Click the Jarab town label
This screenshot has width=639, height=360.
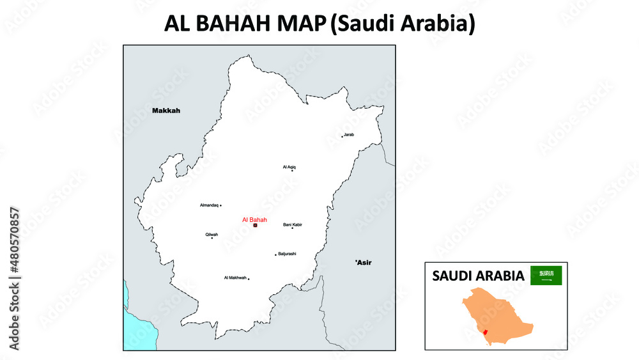coord(349,135)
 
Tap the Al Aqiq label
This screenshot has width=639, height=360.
coord(289,167)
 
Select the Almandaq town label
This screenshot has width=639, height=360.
coord(209,205)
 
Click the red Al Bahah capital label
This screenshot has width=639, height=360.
coord(254,219)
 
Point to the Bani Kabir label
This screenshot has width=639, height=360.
coord(293,224)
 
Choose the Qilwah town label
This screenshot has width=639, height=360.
coord(212,235)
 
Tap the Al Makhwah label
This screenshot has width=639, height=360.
coord(235,278)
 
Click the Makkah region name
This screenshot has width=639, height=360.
coord(166,111)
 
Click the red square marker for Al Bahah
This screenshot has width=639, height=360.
coord(255,225)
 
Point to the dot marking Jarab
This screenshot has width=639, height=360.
coord(342,136)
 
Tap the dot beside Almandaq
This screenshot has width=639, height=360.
coord(221,205)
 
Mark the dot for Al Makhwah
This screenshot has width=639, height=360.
coord(249,278)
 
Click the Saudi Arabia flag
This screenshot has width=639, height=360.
coord(546,276)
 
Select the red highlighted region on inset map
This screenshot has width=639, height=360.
coord(487,331)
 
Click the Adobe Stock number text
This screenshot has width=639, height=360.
coord(14,278)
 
